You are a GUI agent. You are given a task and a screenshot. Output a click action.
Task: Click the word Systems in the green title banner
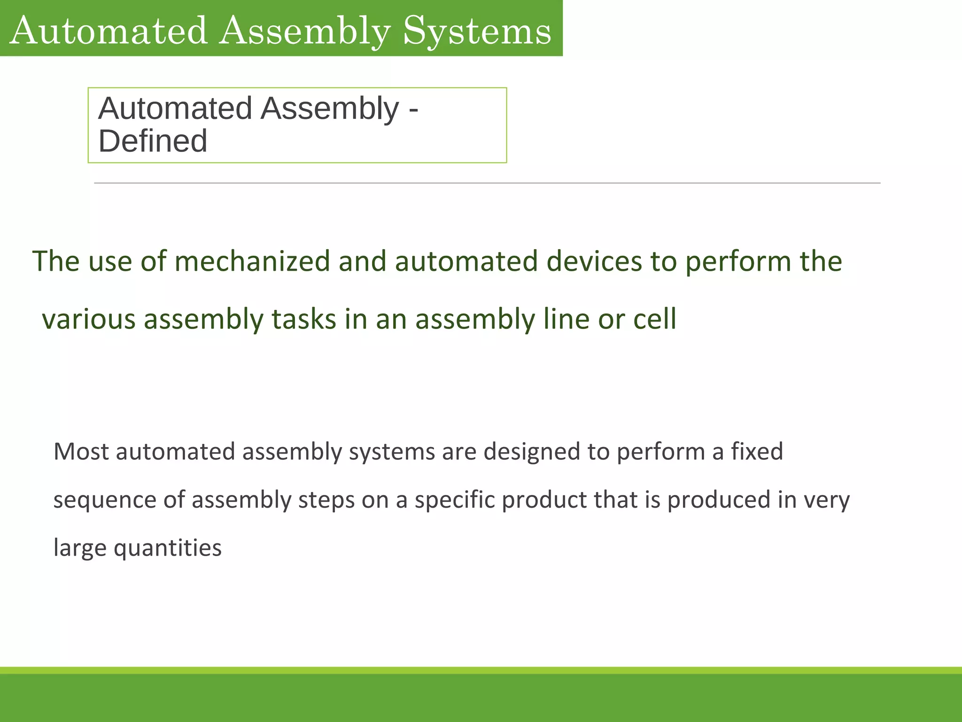tap(477, 31)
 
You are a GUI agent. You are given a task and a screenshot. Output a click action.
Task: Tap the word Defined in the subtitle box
tap(153, 141)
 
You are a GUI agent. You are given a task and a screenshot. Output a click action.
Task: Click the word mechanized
tap(252, 261)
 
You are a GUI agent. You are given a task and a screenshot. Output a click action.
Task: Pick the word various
tap(89, 319)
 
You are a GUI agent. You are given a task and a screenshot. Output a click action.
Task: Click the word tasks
tap(304, 319)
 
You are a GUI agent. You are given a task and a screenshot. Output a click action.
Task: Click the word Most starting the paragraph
tap(81, 452)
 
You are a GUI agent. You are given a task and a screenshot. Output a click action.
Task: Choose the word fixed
tap(757, 452)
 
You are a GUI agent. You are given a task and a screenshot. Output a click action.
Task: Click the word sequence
tap(105, 500)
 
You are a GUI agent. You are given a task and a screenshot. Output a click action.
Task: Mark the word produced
tap(719, 500)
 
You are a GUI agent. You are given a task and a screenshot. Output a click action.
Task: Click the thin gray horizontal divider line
tap(487, 183)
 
